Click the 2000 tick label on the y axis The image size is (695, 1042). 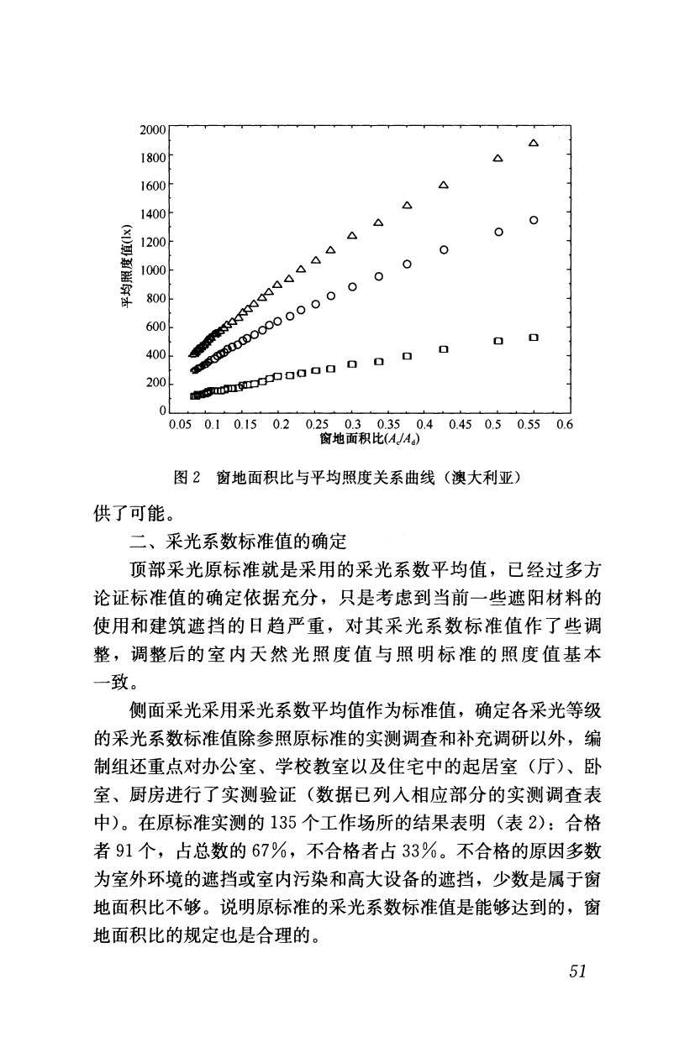[154, 129]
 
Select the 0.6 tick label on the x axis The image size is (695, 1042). [564, 425]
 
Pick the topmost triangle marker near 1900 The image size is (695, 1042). [533, 144]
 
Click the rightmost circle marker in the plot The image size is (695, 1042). [533, 220]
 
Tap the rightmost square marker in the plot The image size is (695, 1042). [533, 338]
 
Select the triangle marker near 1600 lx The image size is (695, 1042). [443, 185]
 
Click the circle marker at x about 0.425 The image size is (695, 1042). [443, 250]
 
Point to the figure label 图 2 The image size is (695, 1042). [186, 477]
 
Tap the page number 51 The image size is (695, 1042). [577, 971]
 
